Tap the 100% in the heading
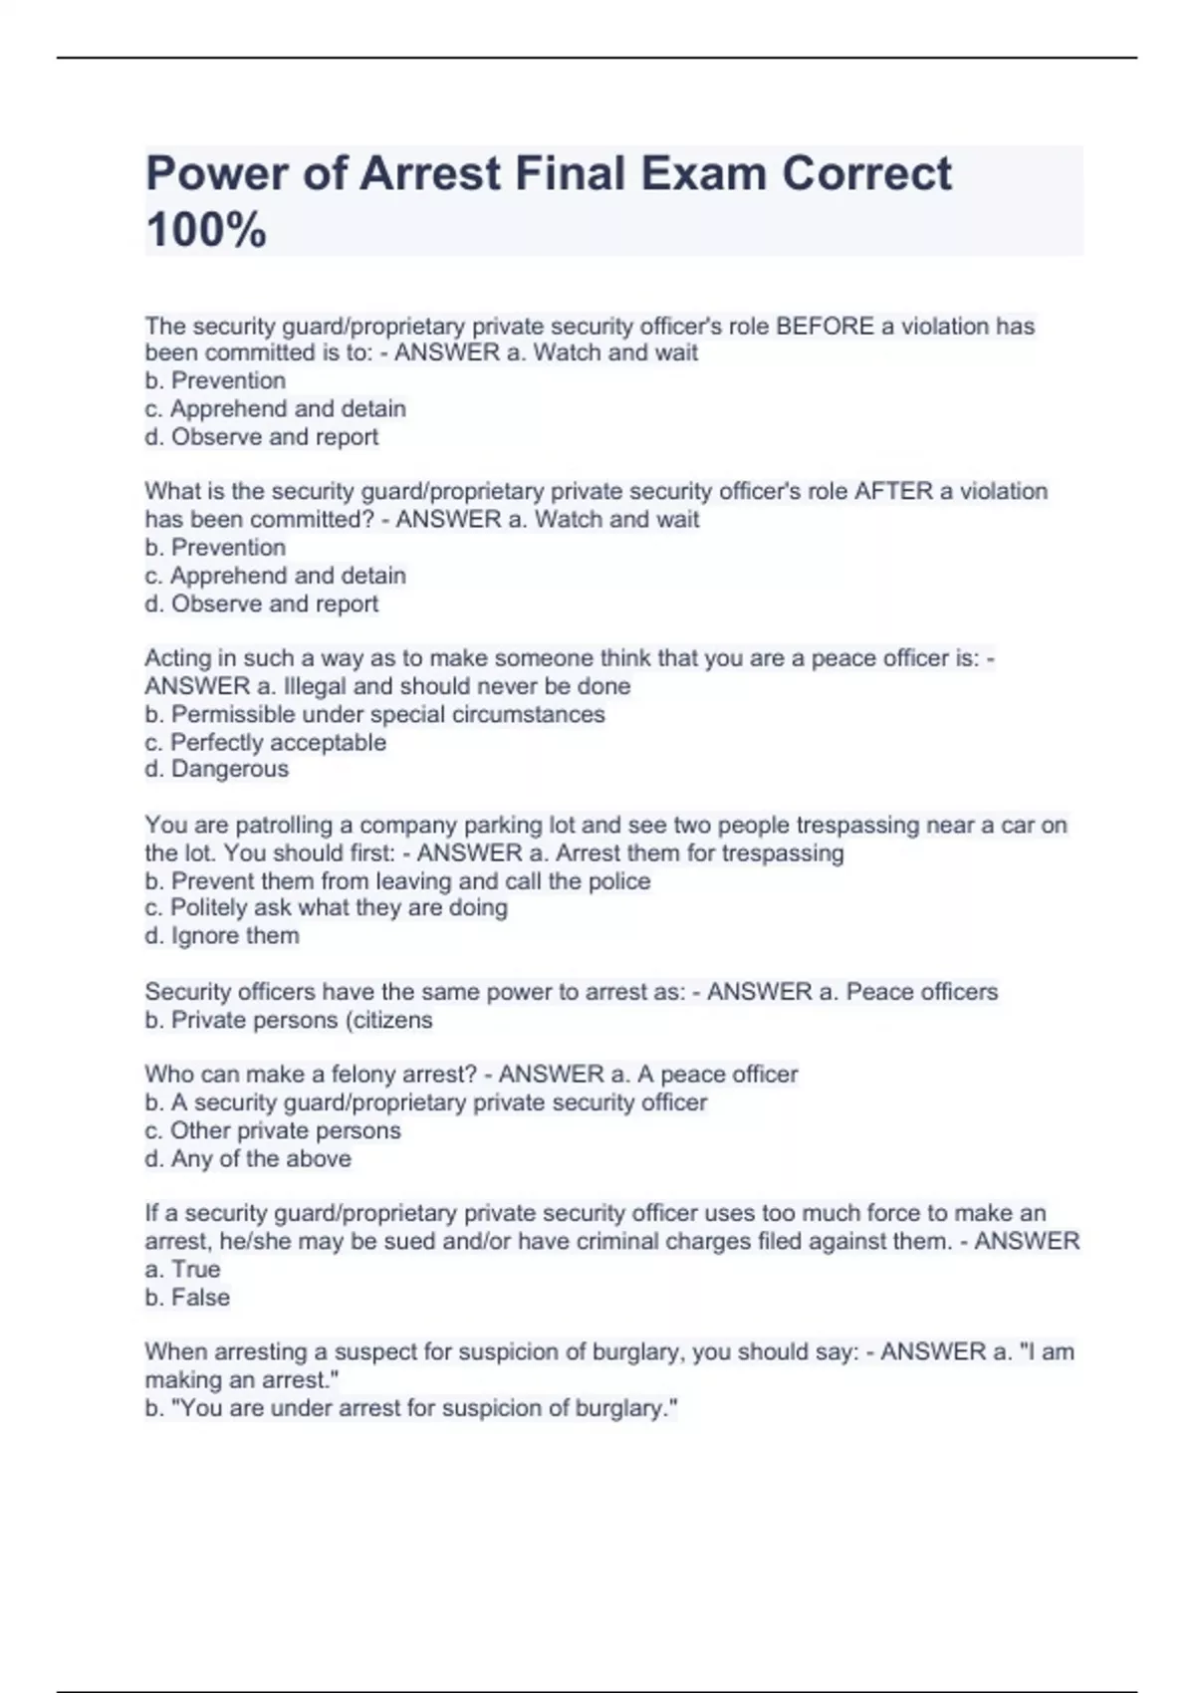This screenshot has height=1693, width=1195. pos(206,230)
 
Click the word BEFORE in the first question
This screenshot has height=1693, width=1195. pos(825,327)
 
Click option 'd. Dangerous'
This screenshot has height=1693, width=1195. pos(216,769)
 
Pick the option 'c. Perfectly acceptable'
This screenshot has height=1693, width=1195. pos(265,742)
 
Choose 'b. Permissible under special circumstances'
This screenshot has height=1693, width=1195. pos(374,714)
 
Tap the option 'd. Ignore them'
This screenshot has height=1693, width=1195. pos(221,936)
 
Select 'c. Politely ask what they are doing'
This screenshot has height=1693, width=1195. pos(326,907)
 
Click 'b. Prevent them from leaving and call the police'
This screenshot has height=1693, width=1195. pos(397,881)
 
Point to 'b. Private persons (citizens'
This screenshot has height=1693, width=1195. pos(288,1020)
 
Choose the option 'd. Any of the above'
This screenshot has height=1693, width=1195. pos(247,1158)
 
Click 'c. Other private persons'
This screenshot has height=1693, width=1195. pos(272,1130)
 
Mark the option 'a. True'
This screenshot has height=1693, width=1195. pos(182,1269)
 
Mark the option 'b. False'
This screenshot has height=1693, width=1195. pos(187,1298)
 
